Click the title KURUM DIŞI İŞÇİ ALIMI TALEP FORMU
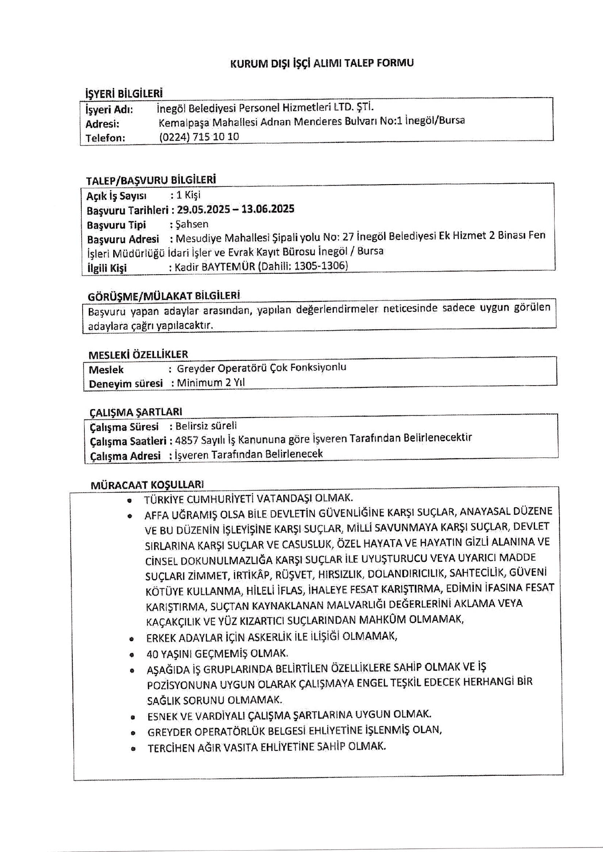tap(322, 63)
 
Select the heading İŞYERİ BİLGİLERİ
tap(124, 93)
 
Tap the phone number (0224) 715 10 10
tap(199, 137)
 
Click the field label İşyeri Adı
tap(109, 109)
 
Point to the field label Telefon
tap(105, 138)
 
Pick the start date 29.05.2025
tap(202, 209)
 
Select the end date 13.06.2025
tap(268, 209)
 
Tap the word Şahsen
tap(192, 224)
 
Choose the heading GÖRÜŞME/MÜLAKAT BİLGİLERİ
tap(164, 296)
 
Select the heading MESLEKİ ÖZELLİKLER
tap(138, 355)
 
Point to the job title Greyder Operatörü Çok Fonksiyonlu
tap(261, 368)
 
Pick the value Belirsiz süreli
tap(206, 426)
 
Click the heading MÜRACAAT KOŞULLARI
tap(147, 485)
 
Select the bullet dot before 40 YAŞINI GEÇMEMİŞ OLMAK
tap(131, 655)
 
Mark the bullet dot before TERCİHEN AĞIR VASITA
tap(132, 749)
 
